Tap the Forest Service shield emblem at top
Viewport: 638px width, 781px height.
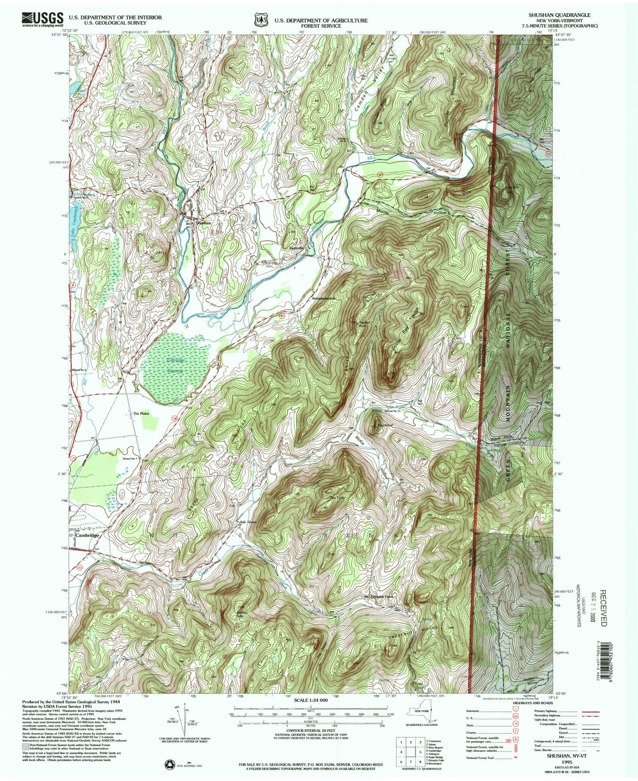coord(261,20)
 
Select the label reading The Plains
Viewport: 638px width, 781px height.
coord(141,413)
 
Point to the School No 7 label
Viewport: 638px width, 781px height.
coord(131,459)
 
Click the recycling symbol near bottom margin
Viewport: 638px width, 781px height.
coord(170,764)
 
